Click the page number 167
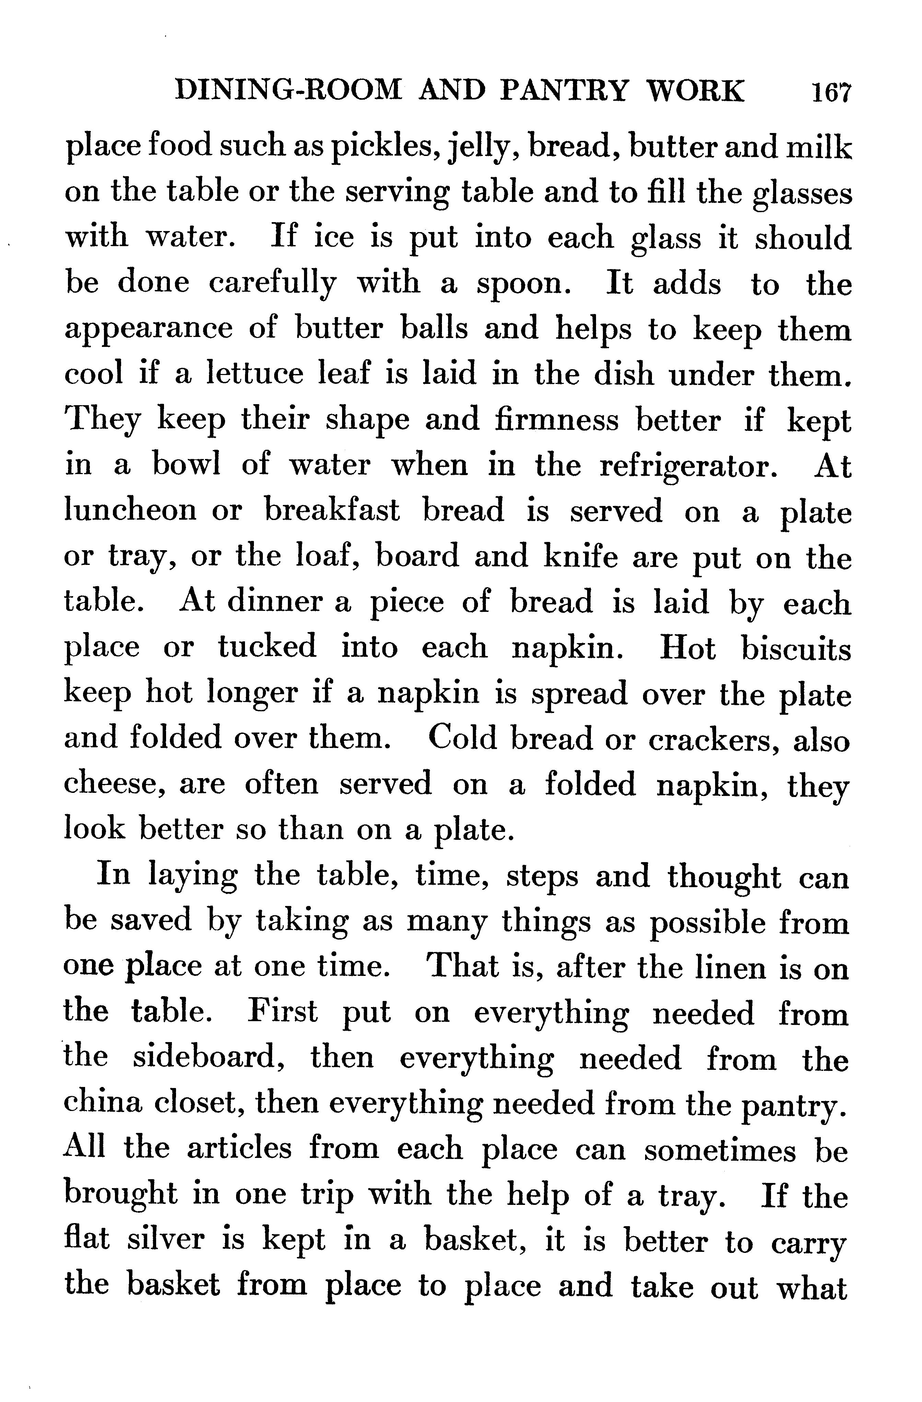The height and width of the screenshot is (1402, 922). point(831,93)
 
